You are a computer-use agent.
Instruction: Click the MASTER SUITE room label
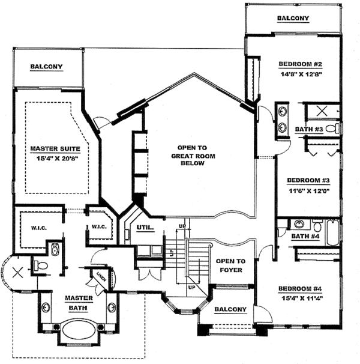(55, 148)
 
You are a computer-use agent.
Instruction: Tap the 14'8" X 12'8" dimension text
(301, 74)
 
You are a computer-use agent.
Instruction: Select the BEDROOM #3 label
(308, 180)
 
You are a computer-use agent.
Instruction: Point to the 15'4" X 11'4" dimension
(302, 299)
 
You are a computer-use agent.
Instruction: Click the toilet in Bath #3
(332, 129)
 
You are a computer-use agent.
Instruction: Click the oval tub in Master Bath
(79, 330)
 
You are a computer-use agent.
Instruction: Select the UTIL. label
(145, 228)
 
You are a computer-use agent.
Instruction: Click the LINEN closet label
(101, 276)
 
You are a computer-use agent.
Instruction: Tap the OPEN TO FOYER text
(230, 265)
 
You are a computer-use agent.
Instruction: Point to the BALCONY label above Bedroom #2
(293, 18)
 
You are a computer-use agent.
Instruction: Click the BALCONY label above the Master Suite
(46, 67)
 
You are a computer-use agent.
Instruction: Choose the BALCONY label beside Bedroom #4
(230, 309)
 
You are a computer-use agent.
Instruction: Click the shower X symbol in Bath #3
(322, 111)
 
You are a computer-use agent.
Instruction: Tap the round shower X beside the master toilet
(17, 273)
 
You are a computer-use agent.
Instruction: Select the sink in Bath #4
(299, 224)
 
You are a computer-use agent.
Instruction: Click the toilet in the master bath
(41, 265)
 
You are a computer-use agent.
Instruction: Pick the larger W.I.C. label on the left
(39, 228)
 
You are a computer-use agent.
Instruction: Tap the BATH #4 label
(305, 236)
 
